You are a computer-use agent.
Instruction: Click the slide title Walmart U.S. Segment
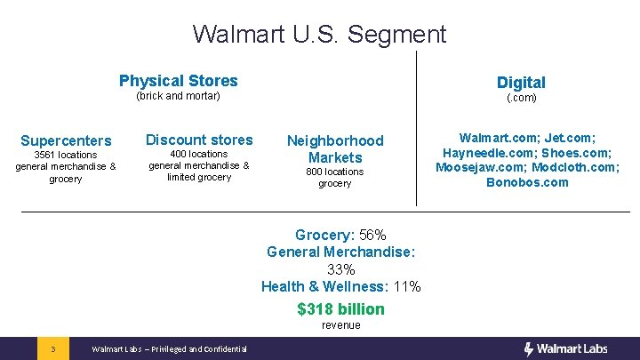[319, 35]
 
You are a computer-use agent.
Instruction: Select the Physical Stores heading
[178, 81]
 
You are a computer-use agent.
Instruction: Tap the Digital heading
[521, 83]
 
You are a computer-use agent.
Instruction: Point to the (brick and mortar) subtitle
[178, 96]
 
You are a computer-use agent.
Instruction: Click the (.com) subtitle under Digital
[521, 98]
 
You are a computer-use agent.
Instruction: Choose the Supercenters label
[66, 140]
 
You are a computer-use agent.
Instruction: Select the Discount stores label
[199, 140]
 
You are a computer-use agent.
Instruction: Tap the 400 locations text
[198, 154]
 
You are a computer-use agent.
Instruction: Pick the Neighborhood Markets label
[334, 148]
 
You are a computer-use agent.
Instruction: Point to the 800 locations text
[334, 172]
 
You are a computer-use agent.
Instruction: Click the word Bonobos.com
[527, 182]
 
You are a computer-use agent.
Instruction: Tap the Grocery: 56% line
[340, 235]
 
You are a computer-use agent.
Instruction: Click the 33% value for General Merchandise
[341, 269]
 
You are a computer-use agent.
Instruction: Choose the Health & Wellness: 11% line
[340, 286]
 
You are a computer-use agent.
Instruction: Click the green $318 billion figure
[340, 309]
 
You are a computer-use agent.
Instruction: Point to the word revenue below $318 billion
[340, 325]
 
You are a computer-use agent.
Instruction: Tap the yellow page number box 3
[53, 348]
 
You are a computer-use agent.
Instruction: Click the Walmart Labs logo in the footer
[565, 348]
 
